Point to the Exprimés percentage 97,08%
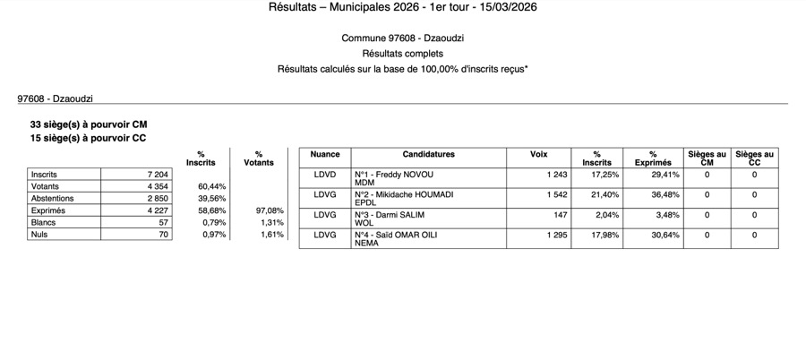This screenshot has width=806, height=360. [270, 210]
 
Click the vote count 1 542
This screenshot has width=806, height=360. [556, 194]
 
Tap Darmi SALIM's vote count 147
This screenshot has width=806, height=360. [560, 215]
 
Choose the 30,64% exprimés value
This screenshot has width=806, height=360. [663, 236]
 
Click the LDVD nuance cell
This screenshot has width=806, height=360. [324, 174]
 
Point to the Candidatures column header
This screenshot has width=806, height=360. [428, 154]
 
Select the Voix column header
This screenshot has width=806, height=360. [538, 154]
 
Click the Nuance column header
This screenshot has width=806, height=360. [325, 154]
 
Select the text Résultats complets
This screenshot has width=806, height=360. [402, 54]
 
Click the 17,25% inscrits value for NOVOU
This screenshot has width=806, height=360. [606, 174]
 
